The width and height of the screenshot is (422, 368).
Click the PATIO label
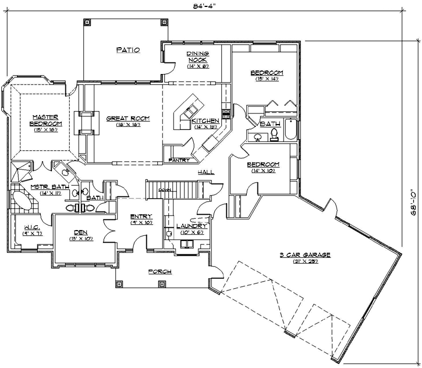(x=127, y=50)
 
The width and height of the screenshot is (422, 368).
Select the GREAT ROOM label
(x=127, y=118)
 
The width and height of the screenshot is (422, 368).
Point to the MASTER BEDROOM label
(x=47, y=120)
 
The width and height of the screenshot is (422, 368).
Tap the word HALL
(x=205, y=172)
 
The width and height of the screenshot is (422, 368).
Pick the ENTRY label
(x=141, y=216)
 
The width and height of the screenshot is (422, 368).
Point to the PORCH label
(x=159, y=271)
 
